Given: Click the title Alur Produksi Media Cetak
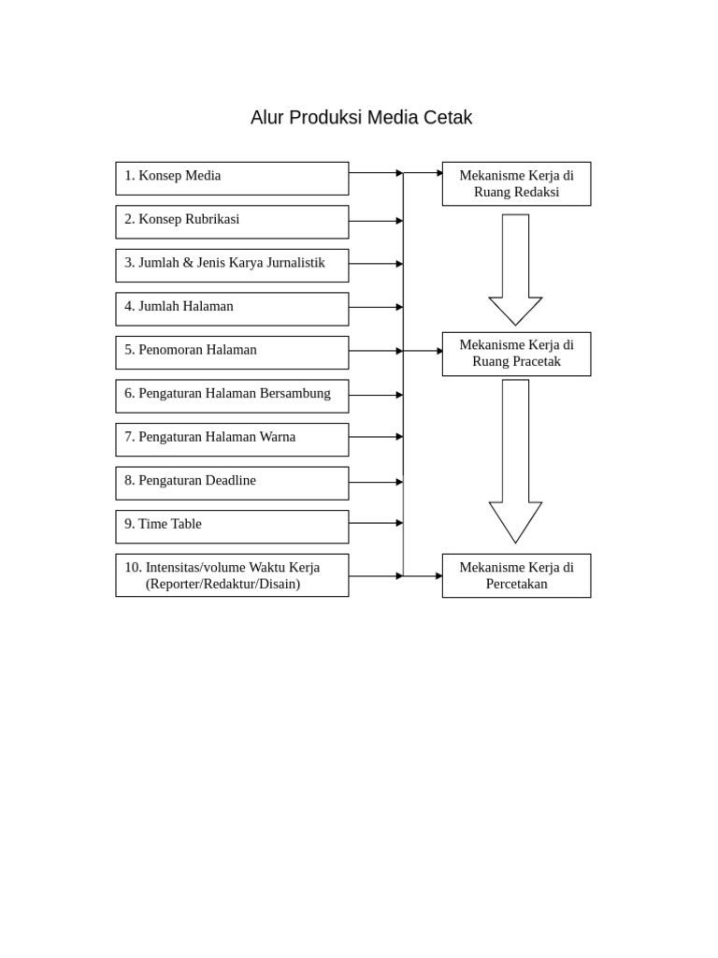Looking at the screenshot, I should tap(361, 118).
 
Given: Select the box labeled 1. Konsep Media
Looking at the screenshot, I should tap(232, 178).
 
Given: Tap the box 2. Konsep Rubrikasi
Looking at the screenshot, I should tap(232, 222).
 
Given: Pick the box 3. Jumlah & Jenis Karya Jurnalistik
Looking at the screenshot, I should tap(232, 265).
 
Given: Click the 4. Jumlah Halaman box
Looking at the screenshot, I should tap(232, 309).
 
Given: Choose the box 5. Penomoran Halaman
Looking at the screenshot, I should tap(232, 352).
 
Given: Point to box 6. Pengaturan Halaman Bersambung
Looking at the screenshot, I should tap(232, 396).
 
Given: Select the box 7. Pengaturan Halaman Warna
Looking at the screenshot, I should tap(232, 439).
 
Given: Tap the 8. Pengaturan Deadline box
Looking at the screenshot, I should tap(232, 483).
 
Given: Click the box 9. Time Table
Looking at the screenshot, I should tap(232, 526).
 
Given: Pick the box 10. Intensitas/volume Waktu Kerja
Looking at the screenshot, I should tap(232, 574).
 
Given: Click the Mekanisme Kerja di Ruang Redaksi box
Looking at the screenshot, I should tap(516, 183).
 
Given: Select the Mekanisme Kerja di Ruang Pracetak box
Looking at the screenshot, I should tap(516, 354).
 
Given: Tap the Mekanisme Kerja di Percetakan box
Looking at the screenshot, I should tap(516, 575).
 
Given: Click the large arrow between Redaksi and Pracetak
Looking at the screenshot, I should tap(515, 271).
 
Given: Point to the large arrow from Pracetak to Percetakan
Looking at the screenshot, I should tap(515, 463).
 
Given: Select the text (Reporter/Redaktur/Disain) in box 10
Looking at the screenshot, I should tap(223, 584).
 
